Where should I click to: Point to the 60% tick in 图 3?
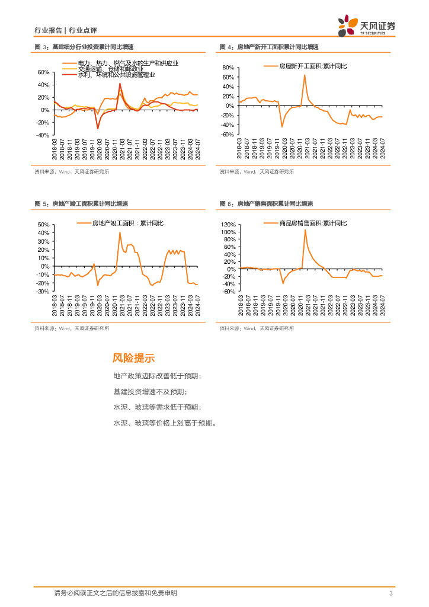coord(43,72)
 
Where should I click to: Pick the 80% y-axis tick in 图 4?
coord(228,68)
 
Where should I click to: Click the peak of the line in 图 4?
coord(305,75)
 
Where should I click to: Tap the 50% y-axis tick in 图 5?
coord(43,225)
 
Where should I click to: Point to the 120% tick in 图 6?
coord(228,225)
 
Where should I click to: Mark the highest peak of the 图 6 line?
coord(305,230)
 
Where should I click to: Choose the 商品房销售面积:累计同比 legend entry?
coord(313,223)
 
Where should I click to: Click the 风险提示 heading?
coord(133,358)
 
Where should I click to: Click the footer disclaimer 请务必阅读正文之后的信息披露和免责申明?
coord(115,593)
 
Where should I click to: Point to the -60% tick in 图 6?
coord(228,292)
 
